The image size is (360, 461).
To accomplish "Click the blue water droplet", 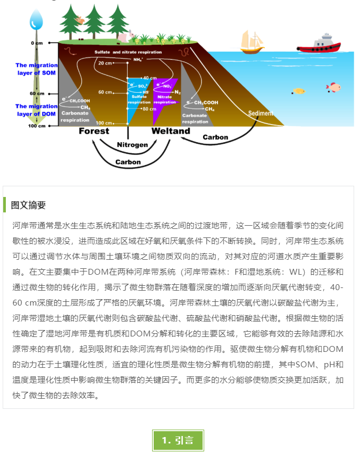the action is point(36,20).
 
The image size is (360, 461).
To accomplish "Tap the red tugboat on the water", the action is point(319,44).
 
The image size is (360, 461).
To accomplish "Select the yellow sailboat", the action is point(252,43).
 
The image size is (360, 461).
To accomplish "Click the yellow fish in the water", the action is point(299,91).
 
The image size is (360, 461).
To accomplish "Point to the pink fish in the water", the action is point(333,87).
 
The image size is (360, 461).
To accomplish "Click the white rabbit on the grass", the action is point(125,36).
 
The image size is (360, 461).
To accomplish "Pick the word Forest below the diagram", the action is point(94,131).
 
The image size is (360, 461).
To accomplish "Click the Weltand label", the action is point(171,131).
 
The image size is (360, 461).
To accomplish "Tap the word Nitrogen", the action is point(132,145).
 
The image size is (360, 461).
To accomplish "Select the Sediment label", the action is point(261,113).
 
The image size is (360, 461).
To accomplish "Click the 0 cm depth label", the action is point(37,43).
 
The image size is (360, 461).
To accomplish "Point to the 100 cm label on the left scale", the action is point(37,126).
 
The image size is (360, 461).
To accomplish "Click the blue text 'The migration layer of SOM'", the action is point(36,69).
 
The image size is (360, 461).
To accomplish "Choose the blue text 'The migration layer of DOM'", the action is point(36,110).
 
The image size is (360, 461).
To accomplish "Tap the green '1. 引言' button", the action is point(178,440).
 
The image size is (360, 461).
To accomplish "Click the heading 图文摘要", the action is point(29,205).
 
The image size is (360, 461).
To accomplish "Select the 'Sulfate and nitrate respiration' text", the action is point(128,52).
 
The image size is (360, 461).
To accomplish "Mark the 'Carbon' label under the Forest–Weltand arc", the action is point(128,162).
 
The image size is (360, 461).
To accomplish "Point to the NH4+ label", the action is point(138,60).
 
